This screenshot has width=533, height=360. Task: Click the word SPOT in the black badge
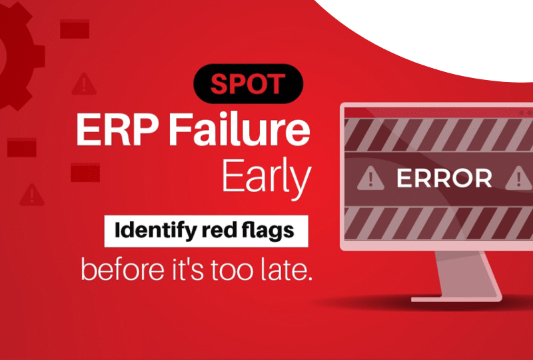[248, 84]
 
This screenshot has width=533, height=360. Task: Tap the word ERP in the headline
[117, 129]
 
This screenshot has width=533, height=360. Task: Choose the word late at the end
[287, 269]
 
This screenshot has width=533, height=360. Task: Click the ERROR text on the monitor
[444, 178]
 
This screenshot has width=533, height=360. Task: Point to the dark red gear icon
[18, 56]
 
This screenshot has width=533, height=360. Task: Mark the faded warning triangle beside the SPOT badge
[84, 84]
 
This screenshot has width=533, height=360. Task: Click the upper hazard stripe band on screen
[439, 135]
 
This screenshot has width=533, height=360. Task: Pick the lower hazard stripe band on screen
[439, 223]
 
